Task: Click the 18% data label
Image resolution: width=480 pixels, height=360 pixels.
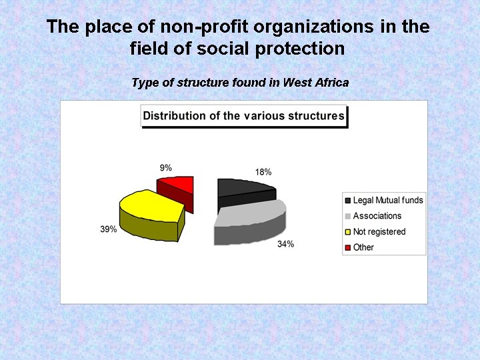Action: (263, 172)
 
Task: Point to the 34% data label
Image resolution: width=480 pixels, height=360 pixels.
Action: (285, 244)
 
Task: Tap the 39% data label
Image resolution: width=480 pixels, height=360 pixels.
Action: (109, 229)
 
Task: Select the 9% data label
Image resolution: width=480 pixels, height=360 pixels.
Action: (165, 168)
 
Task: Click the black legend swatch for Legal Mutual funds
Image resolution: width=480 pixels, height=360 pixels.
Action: (347, 201)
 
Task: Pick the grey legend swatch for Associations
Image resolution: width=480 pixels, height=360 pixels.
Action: (347, 216)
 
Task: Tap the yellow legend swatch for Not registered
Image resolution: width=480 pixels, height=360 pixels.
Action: (347, 232)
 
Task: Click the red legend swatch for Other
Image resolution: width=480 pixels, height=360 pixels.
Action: (347, 247)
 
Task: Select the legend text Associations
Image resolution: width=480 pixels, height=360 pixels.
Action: (377, 216)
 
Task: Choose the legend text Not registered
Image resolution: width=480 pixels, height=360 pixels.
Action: (379, 232)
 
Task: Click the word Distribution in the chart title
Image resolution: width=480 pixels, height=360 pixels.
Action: (175, 116)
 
